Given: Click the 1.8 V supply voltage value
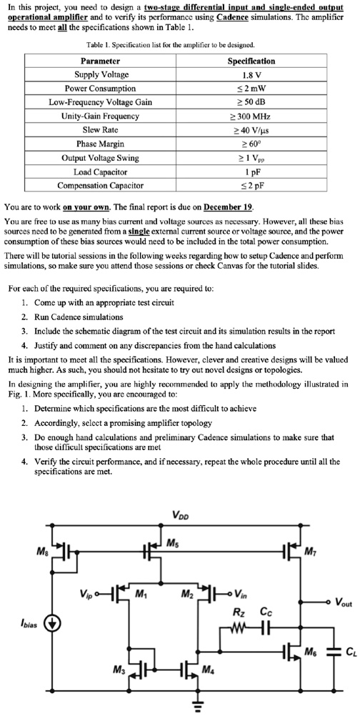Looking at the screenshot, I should [x=251, y=74].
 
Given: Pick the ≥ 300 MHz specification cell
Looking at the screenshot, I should [x=251, y=116].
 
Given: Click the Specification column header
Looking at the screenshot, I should [x=251, y=61].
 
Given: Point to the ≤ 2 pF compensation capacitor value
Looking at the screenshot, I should [x=251, y=185].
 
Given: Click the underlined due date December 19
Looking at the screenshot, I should [x=228, y=207].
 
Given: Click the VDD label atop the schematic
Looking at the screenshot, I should [x=181, y=516].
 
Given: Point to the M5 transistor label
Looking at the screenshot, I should [x=171, y=542].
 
